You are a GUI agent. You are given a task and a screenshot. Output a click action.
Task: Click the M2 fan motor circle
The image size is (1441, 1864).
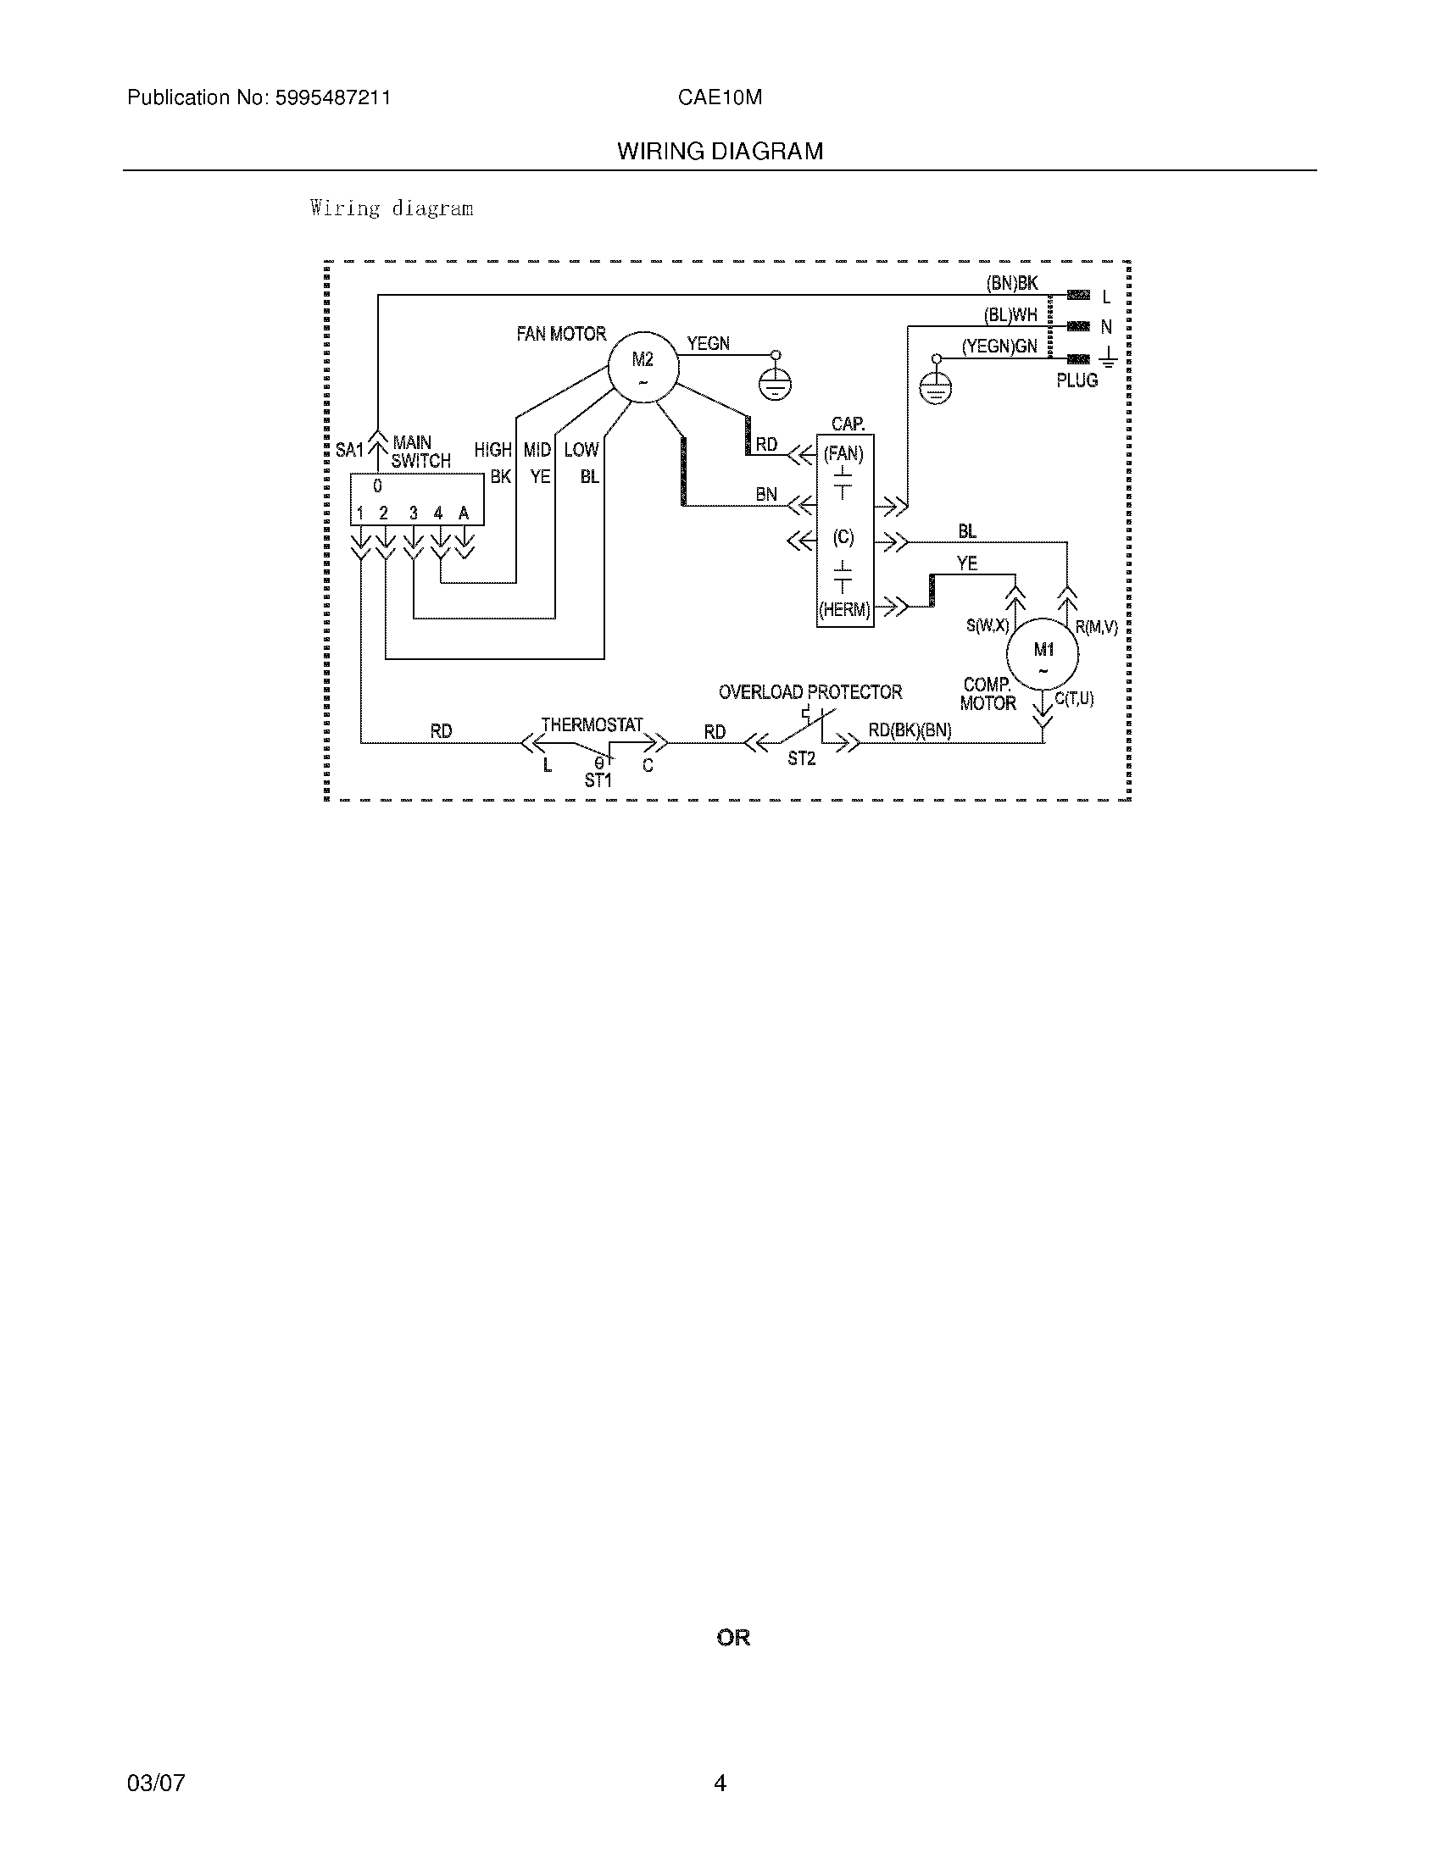click(x=643, y=368)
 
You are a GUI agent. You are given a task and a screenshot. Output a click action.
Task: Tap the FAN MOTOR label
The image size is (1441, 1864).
click(x=561, y=334)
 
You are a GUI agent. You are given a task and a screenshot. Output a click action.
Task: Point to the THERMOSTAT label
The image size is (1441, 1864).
click(x=592, y=724)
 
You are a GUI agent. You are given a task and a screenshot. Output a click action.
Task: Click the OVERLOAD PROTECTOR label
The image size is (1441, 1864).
click(x=810, y=692)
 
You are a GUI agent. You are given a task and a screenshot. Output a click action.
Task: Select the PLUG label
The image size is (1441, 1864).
click(x=1077, y=380)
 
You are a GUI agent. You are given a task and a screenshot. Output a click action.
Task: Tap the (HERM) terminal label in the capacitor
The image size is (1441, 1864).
click(x=844, y=610)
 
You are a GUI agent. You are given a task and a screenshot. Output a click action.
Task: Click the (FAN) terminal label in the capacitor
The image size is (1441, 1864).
click(x=843, y=454)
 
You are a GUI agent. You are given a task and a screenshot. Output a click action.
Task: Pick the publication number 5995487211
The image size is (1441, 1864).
click(x=332, y=98)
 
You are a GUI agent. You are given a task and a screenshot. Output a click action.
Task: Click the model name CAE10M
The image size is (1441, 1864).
click(x=720, y=98)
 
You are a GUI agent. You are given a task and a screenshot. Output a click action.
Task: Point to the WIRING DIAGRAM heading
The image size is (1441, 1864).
click(x=720, y=152)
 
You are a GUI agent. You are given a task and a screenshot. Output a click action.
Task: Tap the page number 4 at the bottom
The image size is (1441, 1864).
click(x=720, y=1783)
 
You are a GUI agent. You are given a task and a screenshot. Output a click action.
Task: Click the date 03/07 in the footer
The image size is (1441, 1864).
click(x=155, y=1783)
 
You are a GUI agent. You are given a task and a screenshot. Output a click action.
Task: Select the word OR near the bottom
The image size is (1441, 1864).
click(x=733, y=1638)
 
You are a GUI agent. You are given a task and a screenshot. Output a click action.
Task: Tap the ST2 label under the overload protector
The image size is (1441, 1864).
click(x=802, y=759)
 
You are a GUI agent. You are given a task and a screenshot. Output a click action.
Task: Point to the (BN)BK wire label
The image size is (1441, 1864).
click(x=1011, y=284)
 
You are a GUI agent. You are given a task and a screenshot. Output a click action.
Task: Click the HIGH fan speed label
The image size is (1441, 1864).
click(x=492, y=450)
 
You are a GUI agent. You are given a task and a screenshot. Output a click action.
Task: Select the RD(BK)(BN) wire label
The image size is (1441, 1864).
click(x=910, y=730)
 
